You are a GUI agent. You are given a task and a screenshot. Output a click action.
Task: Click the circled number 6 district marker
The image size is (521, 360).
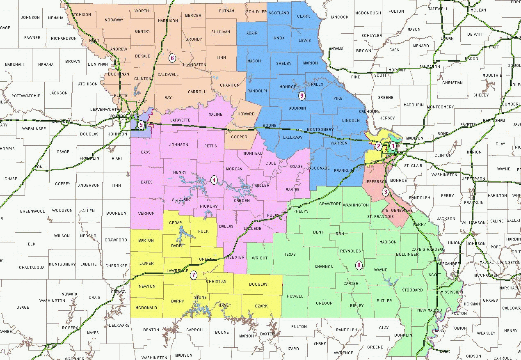[172, 58]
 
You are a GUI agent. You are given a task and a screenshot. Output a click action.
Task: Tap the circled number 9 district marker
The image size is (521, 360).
[302, 96]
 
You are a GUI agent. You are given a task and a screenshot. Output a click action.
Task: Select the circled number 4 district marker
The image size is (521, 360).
[213, 179]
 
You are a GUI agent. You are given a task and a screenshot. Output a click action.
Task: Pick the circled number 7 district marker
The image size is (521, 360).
[194, 275]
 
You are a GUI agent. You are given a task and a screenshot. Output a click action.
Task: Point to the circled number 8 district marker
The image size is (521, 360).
[359, 265]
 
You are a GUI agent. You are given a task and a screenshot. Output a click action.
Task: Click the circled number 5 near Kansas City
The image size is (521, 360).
[141, 125]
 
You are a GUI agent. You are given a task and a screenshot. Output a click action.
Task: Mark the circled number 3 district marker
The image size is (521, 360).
[385, 192]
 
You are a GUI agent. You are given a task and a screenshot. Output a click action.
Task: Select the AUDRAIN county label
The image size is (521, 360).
[297, 108]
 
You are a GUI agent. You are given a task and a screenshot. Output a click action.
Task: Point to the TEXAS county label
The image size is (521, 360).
[290, 254]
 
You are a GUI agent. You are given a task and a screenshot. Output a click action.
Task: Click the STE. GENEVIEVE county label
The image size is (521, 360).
[396, 210]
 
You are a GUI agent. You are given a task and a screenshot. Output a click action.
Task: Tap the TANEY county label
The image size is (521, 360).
[225, 305]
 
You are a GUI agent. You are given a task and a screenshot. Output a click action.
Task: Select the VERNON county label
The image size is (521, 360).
[146, 213]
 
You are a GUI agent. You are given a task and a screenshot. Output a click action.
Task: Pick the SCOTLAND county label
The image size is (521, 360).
[279, 13]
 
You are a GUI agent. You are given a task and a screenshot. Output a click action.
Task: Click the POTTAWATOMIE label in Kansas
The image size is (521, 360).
[26, 96]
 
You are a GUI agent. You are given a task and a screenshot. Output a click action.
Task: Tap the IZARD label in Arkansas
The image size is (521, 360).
[293, 349]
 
